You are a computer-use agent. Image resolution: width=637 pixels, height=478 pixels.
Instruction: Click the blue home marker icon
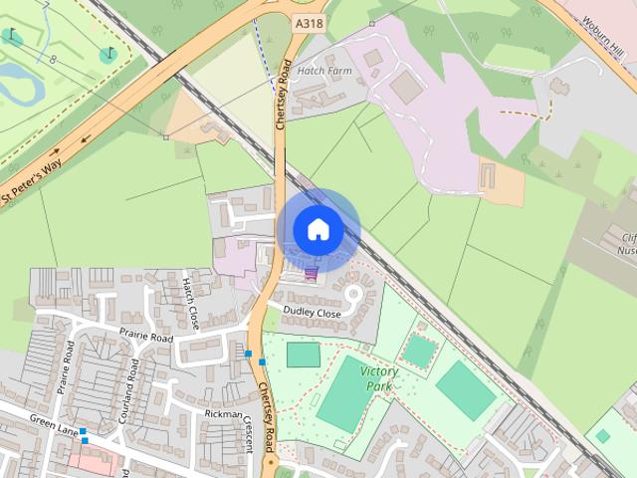pyautogui.click(x=318, y=230)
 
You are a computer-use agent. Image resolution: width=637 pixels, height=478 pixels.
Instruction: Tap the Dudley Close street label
pyautogui.click(x=312, y=313)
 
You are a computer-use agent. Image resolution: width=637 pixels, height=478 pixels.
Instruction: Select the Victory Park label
pyautogui.click(x=377, y=378)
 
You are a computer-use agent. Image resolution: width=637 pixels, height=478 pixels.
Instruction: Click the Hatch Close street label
pyautogui.click(x=190, y=303)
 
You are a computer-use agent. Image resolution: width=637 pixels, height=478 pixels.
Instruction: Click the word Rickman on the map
pyautogui.click(x=224, y=413)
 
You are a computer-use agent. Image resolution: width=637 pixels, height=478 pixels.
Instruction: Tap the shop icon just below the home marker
pyautogui.click(x=312, y=272)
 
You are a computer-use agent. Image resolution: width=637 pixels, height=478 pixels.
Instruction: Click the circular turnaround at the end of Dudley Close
pyautogui.click(x=352, y=294)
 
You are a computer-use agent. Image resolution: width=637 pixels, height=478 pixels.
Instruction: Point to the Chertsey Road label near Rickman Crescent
pyautogui.click(x=266, y=412)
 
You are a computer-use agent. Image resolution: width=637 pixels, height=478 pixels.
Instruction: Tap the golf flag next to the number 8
pyautogui.click(x=108, y=54)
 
